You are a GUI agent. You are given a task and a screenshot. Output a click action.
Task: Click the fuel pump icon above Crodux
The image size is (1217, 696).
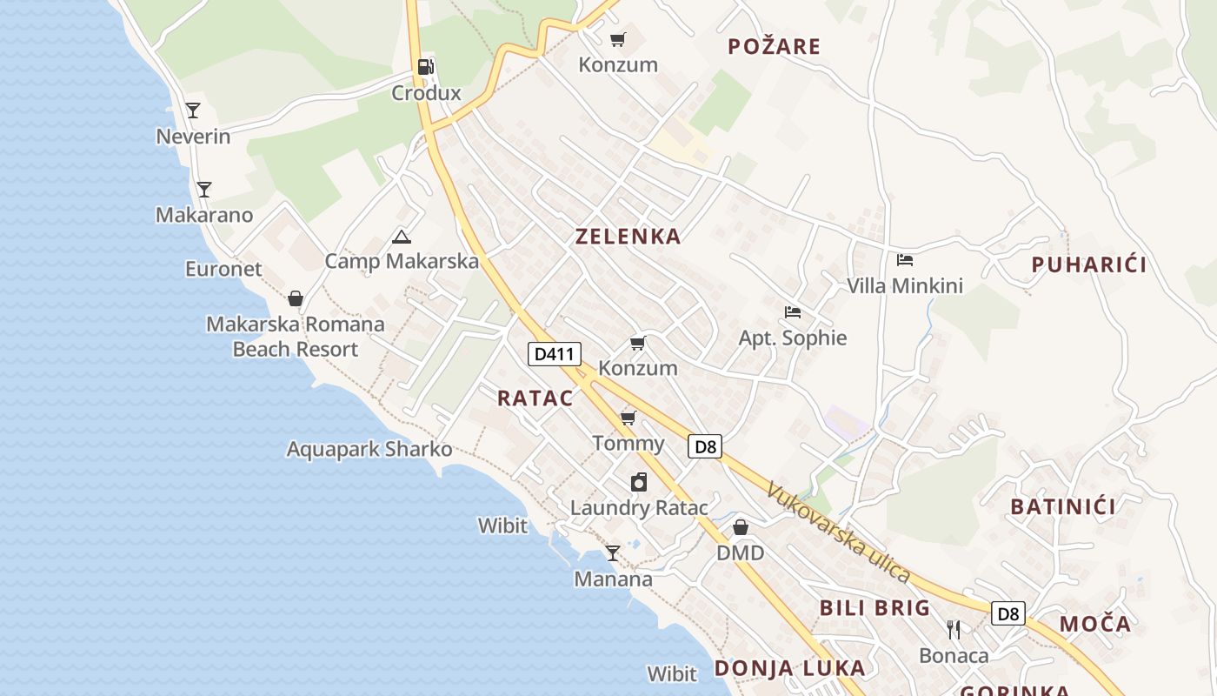tap(425, 67)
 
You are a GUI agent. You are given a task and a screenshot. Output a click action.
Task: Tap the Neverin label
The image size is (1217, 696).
tap(193, 137)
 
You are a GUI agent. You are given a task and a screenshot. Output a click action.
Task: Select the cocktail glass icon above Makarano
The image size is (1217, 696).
tap(203, 189)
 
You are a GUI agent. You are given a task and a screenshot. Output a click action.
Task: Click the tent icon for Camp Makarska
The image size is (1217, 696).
tap(401, 236)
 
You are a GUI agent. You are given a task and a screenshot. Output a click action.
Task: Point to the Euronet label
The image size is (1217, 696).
tap(223, 269)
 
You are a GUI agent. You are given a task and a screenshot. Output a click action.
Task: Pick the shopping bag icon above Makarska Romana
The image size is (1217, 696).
tap(296, 299)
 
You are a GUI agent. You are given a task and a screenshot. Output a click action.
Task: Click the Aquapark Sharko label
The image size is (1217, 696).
tap(369, 449)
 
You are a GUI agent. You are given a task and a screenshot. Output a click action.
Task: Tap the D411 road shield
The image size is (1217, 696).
tap(554, 354)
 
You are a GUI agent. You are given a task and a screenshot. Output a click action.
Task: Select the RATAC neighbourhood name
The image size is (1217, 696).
tap(535, 398)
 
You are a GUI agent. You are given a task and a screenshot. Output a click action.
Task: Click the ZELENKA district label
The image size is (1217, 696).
tap(628, 237)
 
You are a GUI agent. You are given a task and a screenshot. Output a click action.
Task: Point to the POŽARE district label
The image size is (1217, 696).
tap(774, 47)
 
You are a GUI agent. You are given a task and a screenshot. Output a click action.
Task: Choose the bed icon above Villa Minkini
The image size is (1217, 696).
tap(905, 259)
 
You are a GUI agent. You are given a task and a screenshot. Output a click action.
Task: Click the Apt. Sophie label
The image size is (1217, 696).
tap(792, 338)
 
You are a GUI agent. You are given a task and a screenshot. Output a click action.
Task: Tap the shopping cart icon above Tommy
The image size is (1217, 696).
tap(628, 418)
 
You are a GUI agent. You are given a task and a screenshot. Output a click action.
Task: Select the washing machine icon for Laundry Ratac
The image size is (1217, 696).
tap(639, 482)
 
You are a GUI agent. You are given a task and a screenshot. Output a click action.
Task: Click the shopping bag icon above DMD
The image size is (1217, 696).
tap(741, 527)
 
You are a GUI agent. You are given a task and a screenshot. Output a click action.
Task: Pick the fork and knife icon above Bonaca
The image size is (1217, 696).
tap(954, 629)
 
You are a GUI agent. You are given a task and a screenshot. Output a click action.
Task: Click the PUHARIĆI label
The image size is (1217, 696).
tap(1088, 265)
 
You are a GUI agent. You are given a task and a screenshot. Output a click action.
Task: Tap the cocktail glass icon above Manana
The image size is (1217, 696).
tap(613, 552)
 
